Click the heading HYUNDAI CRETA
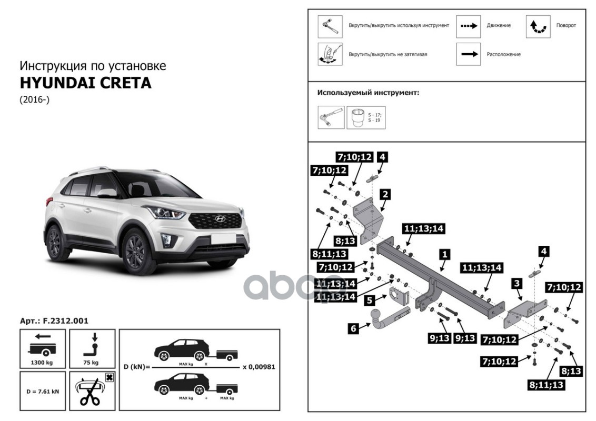(85, 83)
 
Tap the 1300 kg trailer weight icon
(43, 347)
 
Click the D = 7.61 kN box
(43, 392)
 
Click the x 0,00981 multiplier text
(259, 367)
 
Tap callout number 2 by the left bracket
(385, 194)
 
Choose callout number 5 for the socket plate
(370, 300)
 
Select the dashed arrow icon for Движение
(468, 26)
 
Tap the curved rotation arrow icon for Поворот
(538, 26)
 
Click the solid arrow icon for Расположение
(468, 54)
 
